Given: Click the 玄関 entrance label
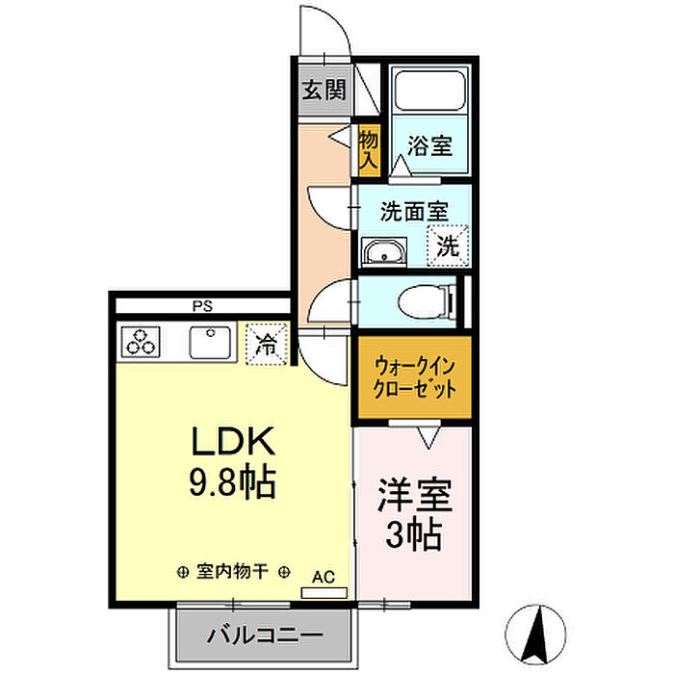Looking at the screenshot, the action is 324,91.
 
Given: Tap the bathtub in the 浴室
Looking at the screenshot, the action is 429,91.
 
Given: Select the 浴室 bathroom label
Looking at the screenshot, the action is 429,145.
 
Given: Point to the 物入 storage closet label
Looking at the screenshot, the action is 369,149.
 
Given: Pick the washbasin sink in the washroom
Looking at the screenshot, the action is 384,252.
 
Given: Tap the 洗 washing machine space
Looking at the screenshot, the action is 448,246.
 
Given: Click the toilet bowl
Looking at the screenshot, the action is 426,302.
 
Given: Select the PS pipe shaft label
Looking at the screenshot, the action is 202,306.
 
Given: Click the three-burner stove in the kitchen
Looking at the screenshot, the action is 141,342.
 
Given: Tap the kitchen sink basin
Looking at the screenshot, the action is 210,343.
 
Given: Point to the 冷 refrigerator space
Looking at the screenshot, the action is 266,345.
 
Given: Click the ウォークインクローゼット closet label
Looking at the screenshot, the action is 414,377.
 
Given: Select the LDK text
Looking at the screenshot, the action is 233,441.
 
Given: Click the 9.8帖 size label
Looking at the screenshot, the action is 232,481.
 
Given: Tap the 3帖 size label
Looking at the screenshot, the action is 413,534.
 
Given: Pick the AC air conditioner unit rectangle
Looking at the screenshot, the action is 324,593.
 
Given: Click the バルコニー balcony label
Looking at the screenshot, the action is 265,635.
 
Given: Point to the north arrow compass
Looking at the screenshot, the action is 535,634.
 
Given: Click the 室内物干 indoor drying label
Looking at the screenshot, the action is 233,572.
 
